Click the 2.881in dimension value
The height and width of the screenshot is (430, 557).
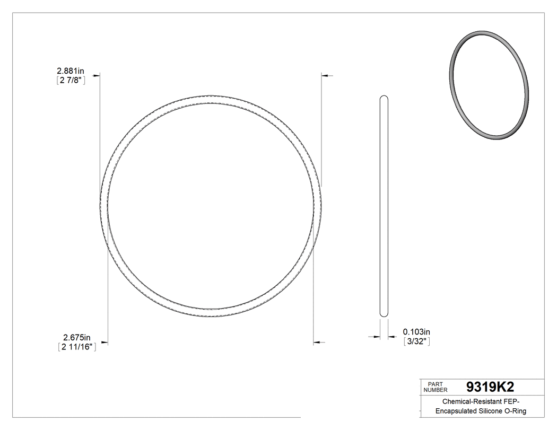point(71,71)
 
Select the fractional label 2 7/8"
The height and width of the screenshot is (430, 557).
point(71,81)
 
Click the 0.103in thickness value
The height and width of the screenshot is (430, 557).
point(417,331)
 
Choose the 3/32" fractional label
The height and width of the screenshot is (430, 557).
point(417,341)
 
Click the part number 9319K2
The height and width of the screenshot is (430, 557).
point(489,387)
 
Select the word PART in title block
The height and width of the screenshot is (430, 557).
point(435,384)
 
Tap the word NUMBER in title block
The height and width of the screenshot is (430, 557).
point(436,390)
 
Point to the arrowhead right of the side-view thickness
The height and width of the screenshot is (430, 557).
point(391,336)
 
